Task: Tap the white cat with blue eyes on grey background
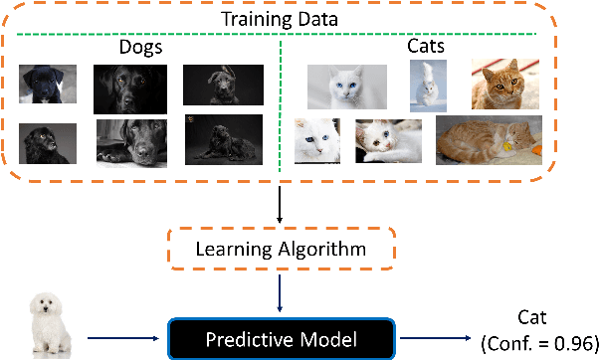[x=347, y=87]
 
